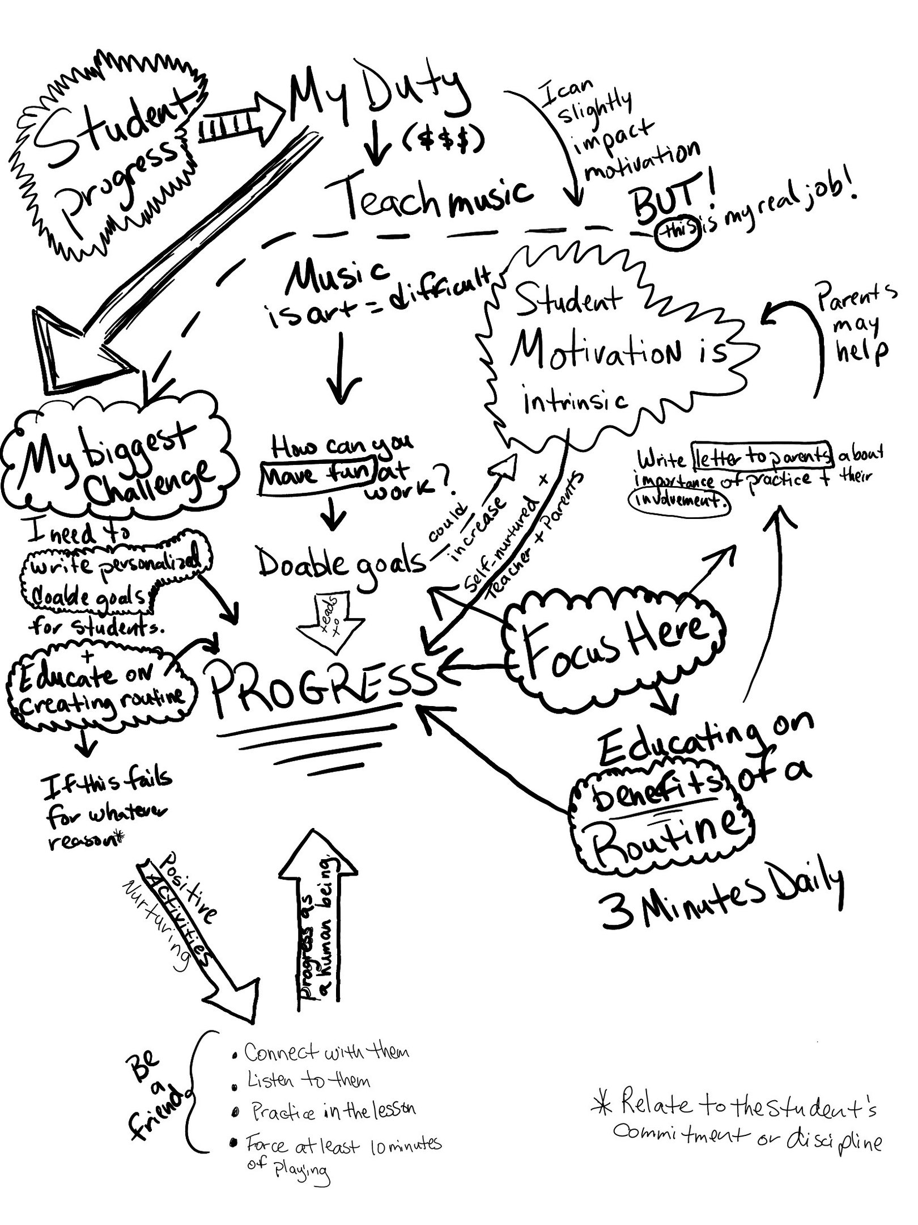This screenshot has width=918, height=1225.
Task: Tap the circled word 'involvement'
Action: (x=679, y=501)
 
